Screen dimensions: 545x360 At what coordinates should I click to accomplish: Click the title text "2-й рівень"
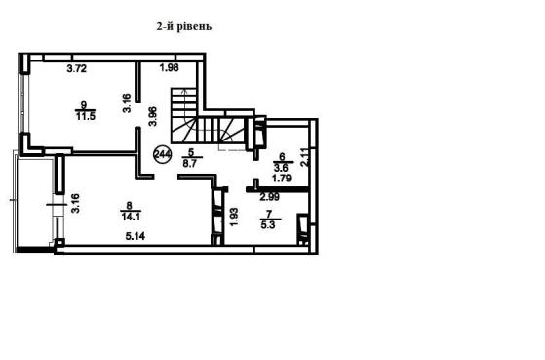coord(184,26)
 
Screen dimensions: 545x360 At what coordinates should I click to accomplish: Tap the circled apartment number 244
coord(162,154)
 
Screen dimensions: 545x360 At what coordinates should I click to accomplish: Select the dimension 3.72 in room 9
coord(76,69)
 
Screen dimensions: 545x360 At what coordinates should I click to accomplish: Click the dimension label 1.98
coord(170,67)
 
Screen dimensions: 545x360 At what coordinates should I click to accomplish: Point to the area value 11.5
coord(86,116)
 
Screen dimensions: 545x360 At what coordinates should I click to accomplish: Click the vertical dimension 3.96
coord(153,116)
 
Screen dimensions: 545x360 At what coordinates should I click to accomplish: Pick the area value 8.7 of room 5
coord(190,164)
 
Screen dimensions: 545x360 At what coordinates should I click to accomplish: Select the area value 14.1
coord(131,217)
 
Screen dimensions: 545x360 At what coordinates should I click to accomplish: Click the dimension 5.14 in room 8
coord(136,236)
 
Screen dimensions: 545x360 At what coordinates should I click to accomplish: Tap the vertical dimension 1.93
coord(234,217)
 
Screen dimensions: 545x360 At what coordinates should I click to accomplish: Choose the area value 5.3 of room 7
coord(268,225)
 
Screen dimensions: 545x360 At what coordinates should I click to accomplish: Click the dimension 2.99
coord(270,197)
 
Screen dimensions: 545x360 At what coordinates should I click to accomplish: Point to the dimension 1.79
coord(282,179)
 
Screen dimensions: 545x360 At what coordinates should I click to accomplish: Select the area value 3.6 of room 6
coord(281,168)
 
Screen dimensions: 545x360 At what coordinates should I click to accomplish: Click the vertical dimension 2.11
coord(304,158)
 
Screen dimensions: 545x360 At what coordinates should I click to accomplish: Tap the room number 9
coord(83,104)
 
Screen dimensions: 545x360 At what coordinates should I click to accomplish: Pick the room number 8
coord(130,206)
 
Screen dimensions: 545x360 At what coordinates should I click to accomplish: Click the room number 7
coord(268,214)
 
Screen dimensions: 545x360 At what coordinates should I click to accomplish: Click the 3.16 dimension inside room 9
coord(127,103)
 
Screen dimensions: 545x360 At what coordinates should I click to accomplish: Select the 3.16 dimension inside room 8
coord(75,203)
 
